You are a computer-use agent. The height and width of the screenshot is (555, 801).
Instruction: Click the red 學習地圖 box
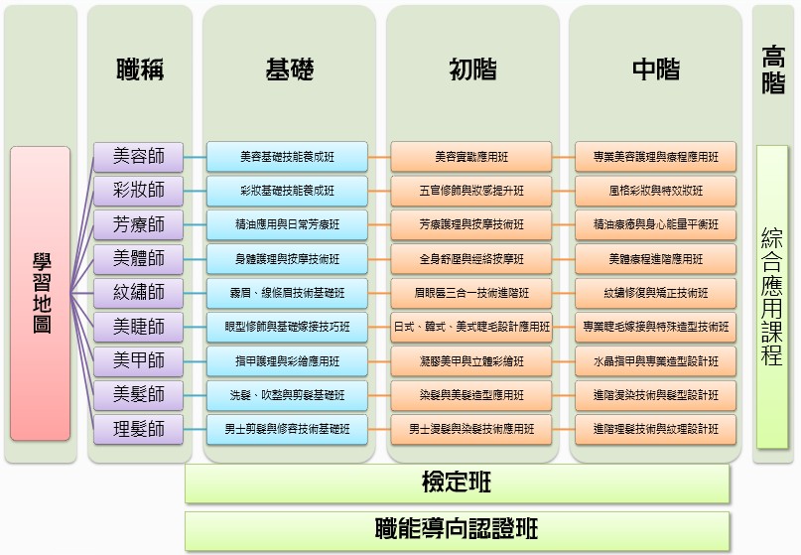pos(40,294)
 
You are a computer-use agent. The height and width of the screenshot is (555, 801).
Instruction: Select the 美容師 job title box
pos(139,156)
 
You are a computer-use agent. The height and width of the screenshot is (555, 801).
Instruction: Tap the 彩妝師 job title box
pos(139,190)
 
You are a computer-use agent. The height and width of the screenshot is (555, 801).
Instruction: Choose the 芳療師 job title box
pos(139,224)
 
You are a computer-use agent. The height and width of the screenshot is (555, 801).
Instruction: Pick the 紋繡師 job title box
pos(139,293)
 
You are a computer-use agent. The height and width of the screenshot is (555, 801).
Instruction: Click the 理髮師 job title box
pos(139,430)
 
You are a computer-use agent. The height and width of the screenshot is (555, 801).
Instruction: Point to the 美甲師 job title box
pos(139,361)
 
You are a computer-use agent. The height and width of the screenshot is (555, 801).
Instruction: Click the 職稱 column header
pos(140,69)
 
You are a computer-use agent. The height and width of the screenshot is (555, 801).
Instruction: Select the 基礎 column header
pos(290,69)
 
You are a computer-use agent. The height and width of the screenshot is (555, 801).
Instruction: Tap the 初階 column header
pos(472,69)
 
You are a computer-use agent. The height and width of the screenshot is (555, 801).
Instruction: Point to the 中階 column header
pos(656,69)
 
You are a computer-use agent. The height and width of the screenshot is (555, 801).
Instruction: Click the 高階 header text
pos(773,69)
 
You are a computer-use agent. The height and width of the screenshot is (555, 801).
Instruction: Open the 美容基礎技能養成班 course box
pos(287,157)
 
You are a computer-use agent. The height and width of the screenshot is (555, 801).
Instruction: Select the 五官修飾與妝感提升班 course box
pos(471,191)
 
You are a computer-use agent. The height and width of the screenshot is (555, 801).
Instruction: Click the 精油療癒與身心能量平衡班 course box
pos(656,224)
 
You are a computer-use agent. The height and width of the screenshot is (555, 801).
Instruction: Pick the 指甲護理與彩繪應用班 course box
pos(287,361)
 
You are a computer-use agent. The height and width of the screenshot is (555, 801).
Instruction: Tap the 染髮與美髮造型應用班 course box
pos(471,395)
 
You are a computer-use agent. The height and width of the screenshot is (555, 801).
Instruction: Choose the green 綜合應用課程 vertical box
pos(772,296)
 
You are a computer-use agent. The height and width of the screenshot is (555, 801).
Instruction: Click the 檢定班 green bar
pos(457,484)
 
